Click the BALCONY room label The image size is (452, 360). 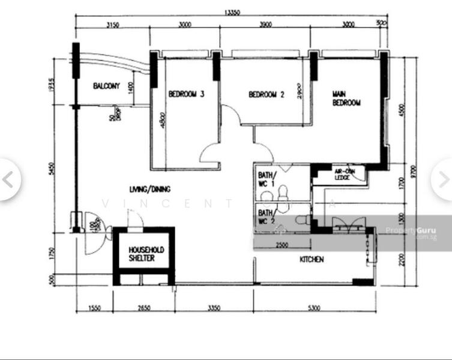(x=106, y=86)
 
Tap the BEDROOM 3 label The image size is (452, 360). (x=186, y=94)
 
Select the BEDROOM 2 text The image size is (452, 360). (x=266, y=94)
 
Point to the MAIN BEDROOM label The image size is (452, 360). (x=346, y=99)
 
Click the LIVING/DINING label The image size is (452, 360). (x=149, y=190)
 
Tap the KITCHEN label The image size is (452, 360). (x=312, y=260)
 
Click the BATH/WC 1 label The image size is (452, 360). (x=265, y=180)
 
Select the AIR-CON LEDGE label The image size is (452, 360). (x=342, y=174)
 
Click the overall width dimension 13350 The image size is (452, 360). (x=234, y=12)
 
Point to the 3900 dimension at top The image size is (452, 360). (x=265, y=25)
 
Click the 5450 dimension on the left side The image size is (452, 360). (x=53, y=170)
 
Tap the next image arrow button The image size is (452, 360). (x=444, y=179)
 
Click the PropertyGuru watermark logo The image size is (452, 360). (x=411, y=231)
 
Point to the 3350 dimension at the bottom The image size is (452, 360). (x=214, y=308)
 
